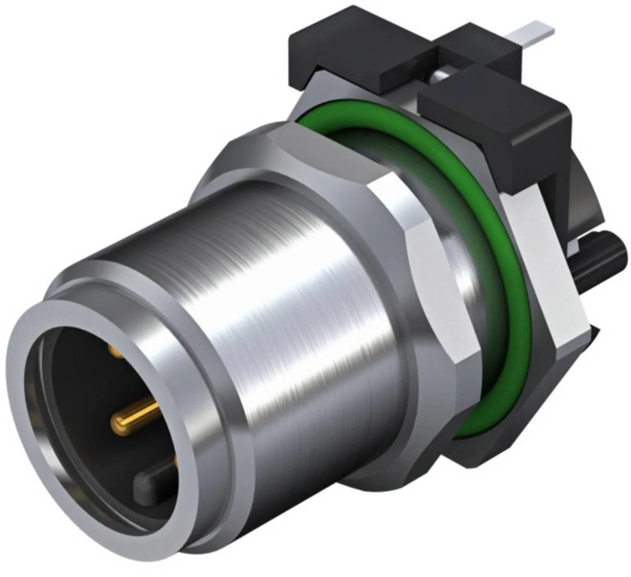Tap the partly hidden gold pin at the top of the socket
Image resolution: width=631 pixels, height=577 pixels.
coord(115,351)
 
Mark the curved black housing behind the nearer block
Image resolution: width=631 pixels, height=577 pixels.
coord(584,189)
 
